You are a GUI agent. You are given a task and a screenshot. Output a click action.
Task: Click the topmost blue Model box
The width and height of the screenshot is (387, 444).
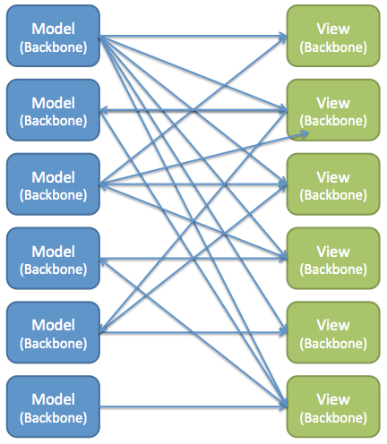53,37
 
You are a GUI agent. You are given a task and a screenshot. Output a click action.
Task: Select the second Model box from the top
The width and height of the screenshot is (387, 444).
53,110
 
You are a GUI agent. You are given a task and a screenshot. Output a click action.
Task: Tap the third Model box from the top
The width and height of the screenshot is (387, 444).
53,184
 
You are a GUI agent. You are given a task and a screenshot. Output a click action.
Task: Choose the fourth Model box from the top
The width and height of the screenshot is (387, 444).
53,259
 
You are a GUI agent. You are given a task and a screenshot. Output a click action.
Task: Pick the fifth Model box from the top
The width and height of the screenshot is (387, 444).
53,332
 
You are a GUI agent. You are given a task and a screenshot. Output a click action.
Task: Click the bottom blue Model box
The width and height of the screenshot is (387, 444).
53,406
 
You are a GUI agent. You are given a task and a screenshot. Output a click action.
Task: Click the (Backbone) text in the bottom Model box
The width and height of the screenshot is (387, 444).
53,416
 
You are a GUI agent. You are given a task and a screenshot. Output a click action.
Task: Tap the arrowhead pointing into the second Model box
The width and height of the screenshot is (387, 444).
104,110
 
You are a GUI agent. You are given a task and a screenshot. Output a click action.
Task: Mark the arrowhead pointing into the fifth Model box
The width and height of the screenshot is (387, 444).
104,332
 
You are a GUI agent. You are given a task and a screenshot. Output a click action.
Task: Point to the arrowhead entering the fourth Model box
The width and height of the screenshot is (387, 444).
104,260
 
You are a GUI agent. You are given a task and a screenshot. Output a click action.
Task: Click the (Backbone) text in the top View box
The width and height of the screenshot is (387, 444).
332,47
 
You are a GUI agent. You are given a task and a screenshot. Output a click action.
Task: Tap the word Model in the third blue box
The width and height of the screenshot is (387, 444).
53,175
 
